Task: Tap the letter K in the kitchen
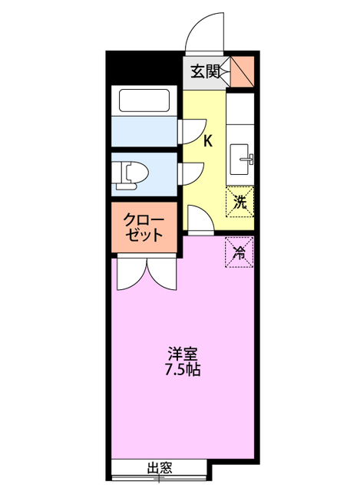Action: click(x=207, y=140)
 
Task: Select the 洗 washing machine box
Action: click(x=239, y=203)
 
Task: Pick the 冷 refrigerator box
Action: click(x=239, y=252)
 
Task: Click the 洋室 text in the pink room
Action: click(x=183, y=354)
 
